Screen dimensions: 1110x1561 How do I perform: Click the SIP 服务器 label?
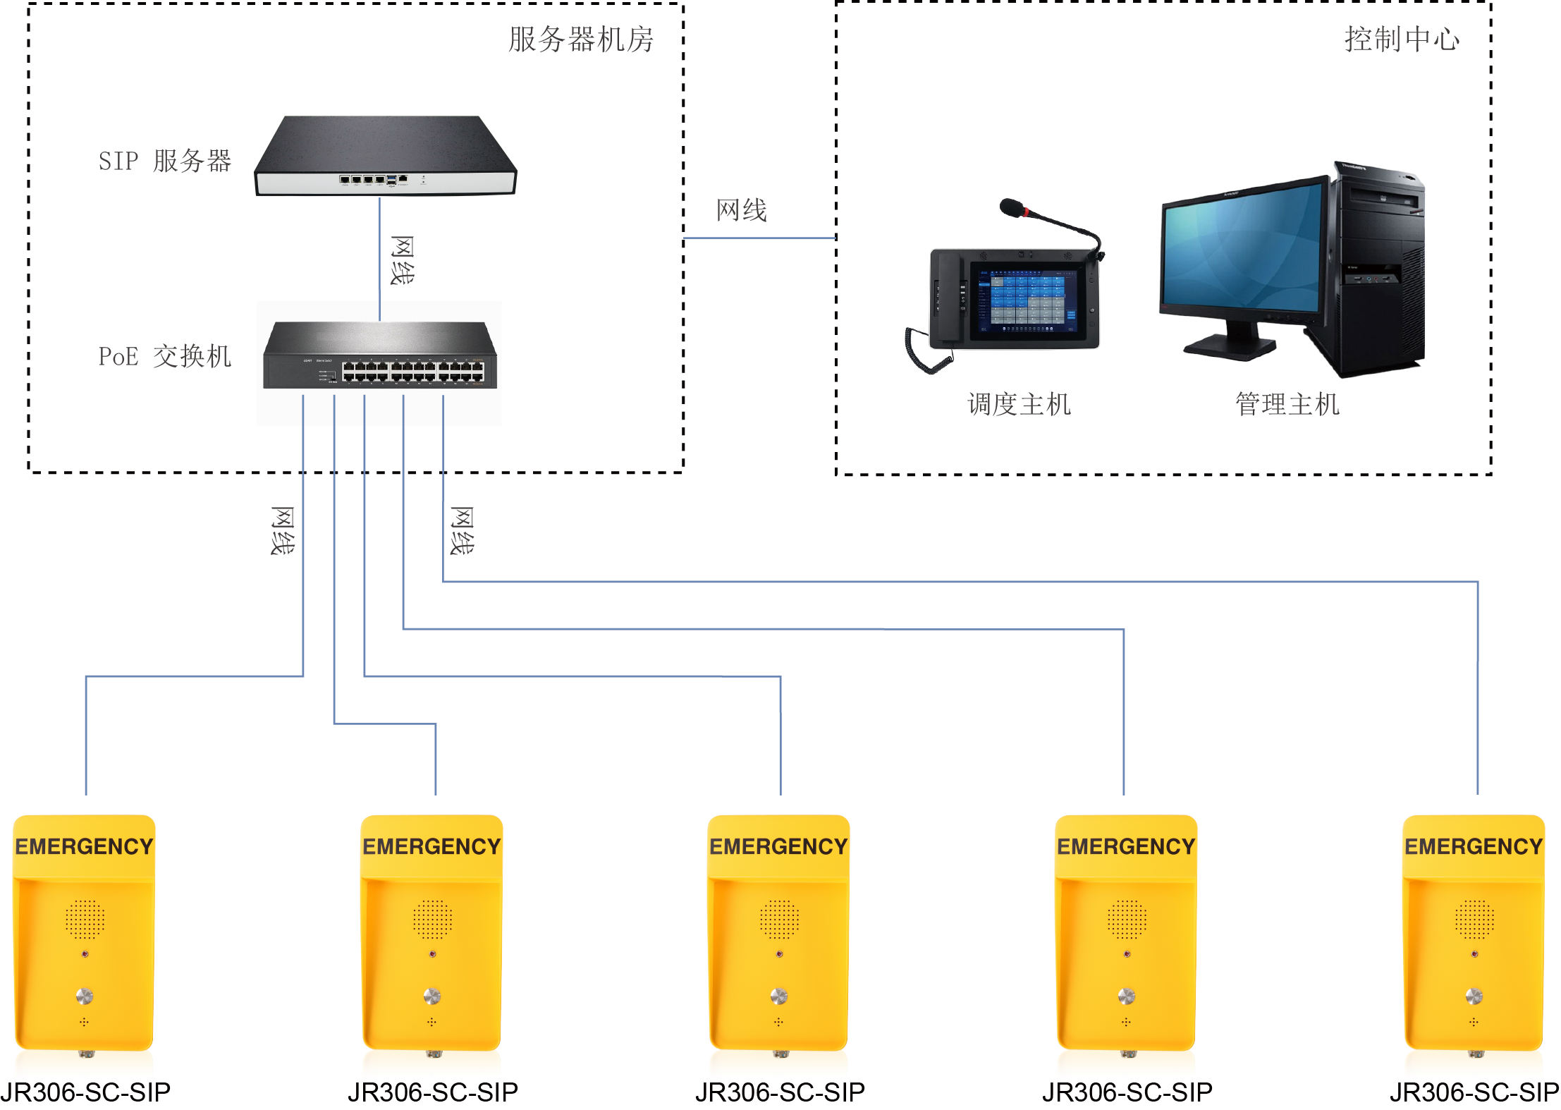[164, 161]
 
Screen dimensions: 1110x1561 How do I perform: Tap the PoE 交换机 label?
[164, 356]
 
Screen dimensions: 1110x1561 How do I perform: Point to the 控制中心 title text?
[1402, 39]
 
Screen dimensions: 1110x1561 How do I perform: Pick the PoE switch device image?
[380, 356]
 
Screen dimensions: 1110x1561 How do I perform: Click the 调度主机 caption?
[1019, 405]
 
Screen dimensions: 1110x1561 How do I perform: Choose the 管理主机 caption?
[1287, 405]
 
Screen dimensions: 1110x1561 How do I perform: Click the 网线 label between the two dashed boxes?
[741, 210]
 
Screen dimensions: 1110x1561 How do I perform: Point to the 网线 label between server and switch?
[402, 260]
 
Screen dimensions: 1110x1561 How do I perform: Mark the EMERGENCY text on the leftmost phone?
[85, 846]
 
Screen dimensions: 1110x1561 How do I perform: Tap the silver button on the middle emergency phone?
[779, 996]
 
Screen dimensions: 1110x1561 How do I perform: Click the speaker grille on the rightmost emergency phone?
[1474, 919]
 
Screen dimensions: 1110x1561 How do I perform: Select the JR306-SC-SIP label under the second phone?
[433, 1092]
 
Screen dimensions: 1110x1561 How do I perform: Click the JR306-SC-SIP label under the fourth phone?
[1127, 1092]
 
